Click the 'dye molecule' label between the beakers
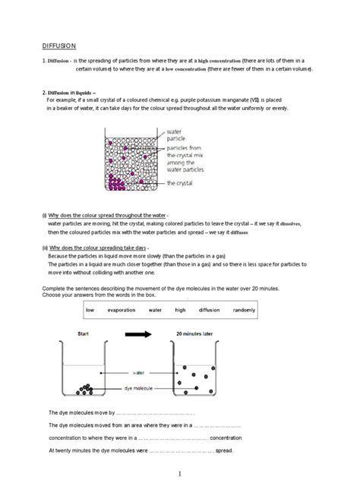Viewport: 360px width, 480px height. pos(140,388)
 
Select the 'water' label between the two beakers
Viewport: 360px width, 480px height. pos(140,373)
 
